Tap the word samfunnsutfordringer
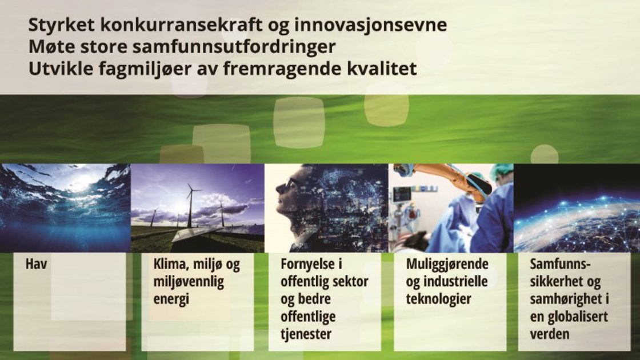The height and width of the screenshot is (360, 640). pyautogui.click(x=234, y=47)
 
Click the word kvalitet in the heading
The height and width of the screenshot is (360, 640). pyautogui.click(x=382, y=69)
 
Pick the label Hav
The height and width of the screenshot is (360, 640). pyautogui.click(x=37, y=264)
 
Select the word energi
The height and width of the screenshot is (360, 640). pyautogui.click(x=171, y=299)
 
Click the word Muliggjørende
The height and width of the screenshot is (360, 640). pyautogui.click(x=447, y=265)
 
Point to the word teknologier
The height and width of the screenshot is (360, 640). pyautogui.click(x=438, y=299)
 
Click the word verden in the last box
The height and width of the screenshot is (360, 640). pyautogui.click(x=549, y=334)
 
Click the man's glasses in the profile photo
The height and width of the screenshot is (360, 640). pyautogui.click(x=291, y=184)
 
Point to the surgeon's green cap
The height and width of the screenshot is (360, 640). pyautogui.click(x=501, y=172)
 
